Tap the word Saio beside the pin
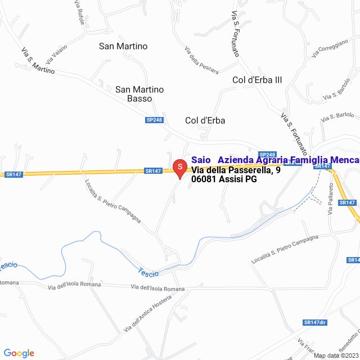coord(201,160)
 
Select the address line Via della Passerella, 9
coord(236,170)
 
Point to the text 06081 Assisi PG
coord(224,179)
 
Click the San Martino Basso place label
coord(139,93)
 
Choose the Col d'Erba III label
coord(256,80)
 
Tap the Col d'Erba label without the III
coord(205,120)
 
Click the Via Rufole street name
coord(79,12)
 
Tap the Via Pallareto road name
coord(331,198)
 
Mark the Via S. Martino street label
coord(39,61)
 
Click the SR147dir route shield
coord(314,322)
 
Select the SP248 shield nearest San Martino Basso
coord(154,120)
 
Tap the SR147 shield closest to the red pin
coord(153,170)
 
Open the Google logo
coord(19,353)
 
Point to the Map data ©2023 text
coord(336,355)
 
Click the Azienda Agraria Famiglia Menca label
coord(289,160)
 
